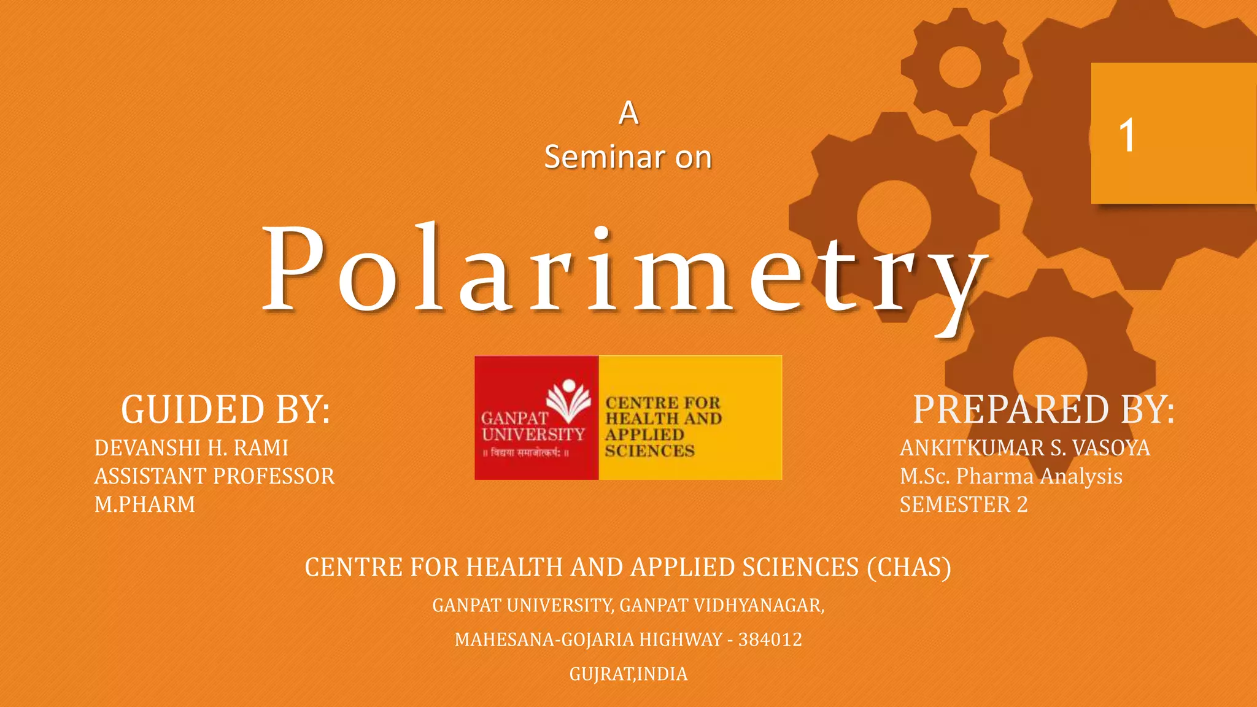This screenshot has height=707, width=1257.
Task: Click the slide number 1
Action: (x=1127, y=135)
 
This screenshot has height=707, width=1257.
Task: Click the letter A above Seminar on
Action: (x=628, y=113)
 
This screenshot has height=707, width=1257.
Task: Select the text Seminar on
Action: (x=628, y=157)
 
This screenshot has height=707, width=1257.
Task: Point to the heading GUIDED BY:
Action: (x=225, y=410)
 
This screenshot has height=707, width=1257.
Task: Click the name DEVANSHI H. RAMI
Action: (x=191, y=448)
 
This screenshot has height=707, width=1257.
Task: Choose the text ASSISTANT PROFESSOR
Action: (x=214, y=476)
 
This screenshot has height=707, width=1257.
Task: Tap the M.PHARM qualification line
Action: (x=145, y=504)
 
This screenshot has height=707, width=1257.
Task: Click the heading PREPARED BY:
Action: (x=1043, y=410)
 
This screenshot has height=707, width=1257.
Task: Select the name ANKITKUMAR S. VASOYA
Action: (x=1024, y=448)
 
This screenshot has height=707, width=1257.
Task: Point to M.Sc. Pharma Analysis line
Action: (x=1011, y=476)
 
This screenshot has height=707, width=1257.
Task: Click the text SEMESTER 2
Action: (x=964, y=504)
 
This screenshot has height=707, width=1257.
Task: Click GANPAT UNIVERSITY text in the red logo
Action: (x=532, y=427)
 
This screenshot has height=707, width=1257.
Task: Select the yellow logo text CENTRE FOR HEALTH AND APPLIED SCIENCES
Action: (x=663, y=427)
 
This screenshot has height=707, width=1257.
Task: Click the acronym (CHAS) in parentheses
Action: (x=908, y=567)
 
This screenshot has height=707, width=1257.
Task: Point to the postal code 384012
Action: (x=770, y=639)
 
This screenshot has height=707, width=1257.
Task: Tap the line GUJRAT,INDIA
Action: (x=628, y=674)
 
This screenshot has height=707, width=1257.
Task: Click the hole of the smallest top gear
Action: (x=959, y=66)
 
